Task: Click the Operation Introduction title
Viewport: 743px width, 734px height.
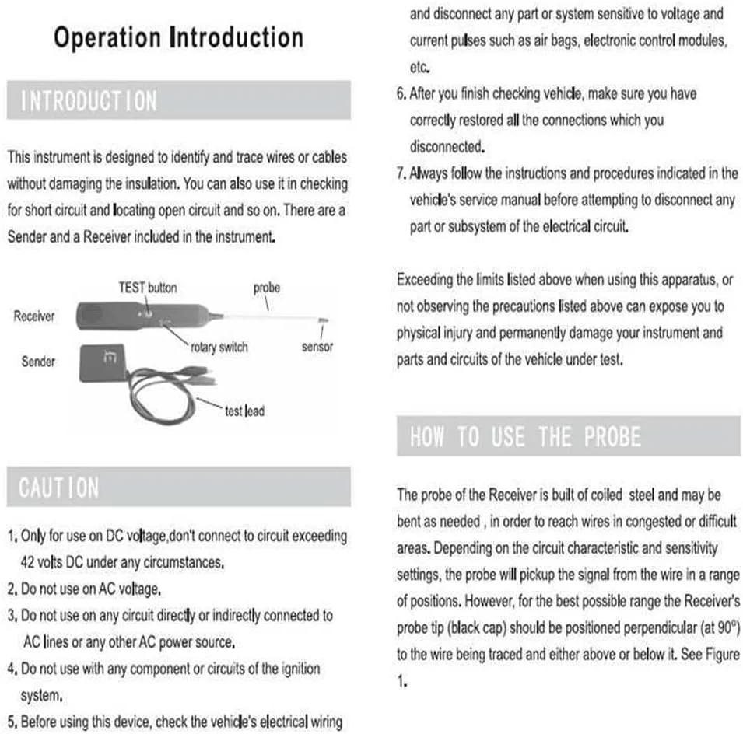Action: [x=178, y=38]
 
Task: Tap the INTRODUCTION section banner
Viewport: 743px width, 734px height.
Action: [x=178, y=100]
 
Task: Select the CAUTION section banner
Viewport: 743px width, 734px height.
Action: [x=178, y=488]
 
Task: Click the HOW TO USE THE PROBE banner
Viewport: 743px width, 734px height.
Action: [x=568, y=436]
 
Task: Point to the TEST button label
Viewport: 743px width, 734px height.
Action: [x=147, y=287]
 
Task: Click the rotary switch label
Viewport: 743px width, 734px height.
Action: [x=219, y=347]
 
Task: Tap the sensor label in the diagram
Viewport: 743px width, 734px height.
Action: [x=317, y=347]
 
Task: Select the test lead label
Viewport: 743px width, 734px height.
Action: [x=244, y=411]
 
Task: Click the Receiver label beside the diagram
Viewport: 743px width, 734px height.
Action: [x=34, y=316]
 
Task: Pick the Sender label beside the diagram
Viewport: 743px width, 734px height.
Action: [x=38, y=361]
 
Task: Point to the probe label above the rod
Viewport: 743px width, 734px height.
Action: [x=266, y=288]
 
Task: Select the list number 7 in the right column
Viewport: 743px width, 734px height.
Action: [x=401, y=173]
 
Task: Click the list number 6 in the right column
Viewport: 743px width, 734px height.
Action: [x=401, y=94]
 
